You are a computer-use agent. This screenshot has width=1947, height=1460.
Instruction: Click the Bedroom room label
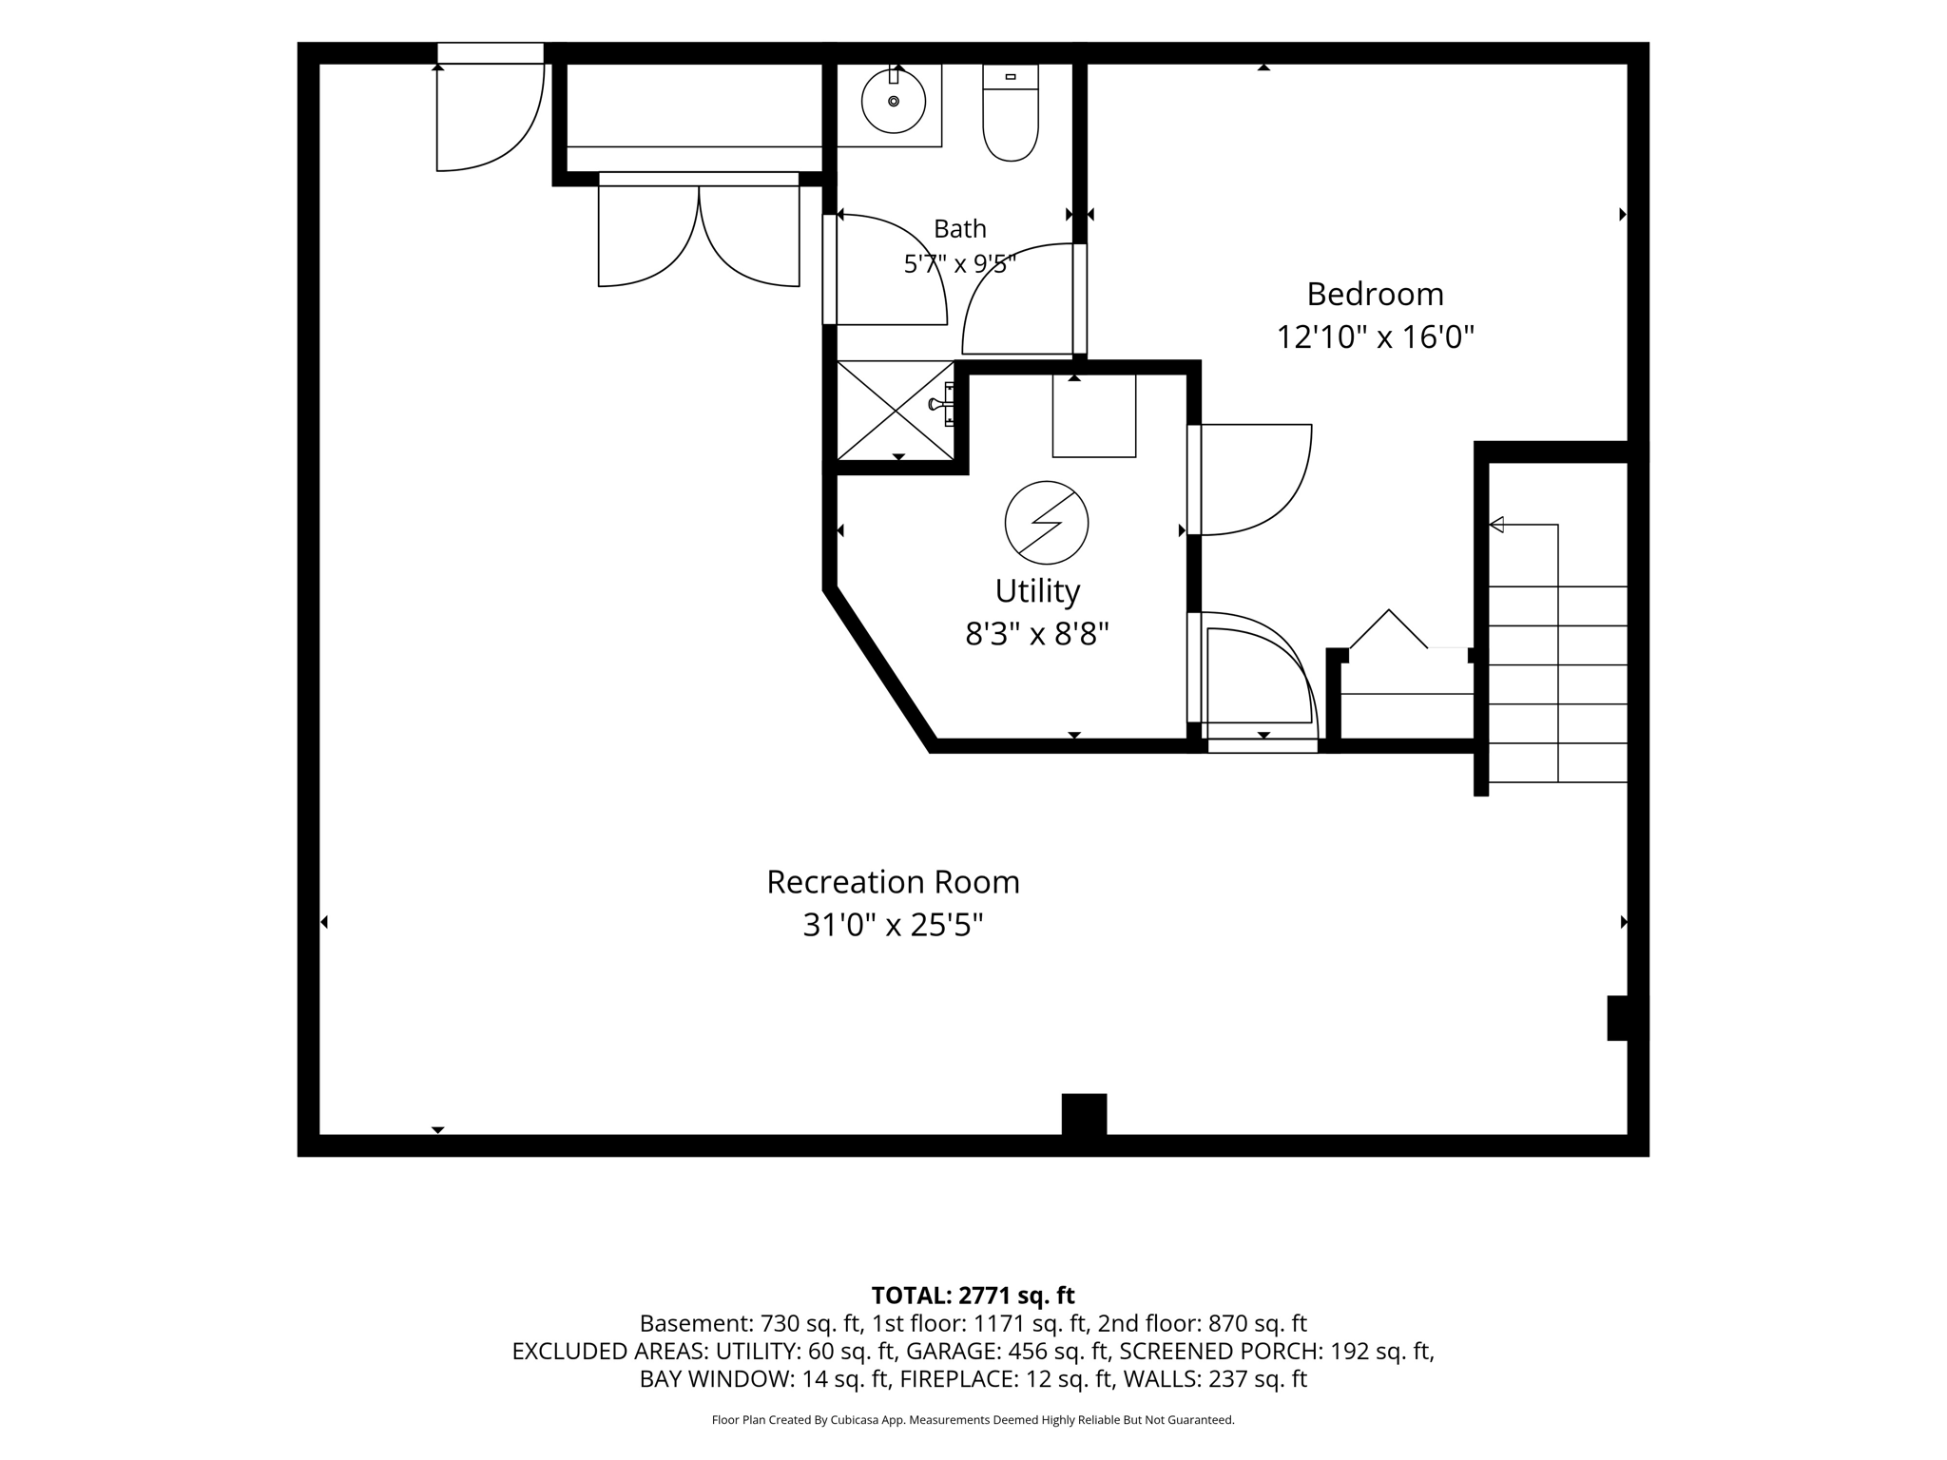1375,295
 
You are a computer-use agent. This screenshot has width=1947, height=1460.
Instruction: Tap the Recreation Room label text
893,882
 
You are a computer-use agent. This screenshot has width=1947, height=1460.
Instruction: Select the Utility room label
1037,591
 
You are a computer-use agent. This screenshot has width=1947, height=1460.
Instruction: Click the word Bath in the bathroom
960,229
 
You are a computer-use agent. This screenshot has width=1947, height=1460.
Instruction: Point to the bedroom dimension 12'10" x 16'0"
1375,337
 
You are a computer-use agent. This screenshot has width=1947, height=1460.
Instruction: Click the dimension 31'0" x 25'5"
893,925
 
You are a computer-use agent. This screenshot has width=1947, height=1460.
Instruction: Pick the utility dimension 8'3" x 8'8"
1037,633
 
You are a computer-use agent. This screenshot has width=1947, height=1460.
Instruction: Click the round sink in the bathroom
893,101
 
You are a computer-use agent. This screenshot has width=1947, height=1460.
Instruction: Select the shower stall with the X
895,411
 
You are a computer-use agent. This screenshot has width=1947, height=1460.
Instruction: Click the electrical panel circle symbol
1047,523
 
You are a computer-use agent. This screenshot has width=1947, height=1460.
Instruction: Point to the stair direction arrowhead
1495,524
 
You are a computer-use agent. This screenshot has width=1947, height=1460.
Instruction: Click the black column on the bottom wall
1084,1115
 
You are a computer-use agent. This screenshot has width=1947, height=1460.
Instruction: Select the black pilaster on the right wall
1618,1018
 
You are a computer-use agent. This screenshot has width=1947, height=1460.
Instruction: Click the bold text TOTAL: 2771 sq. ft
973,1296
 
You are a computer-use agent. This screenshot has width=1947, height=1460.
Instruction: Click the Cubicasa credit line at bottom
973,1420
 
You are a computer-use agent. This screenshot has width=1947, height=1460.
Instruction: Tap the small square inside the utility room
1094,415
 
